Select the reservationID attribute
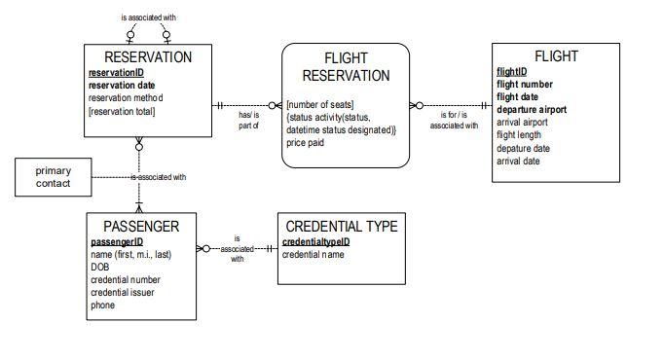tap(116, 73)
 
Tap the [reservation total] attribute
tap(122, 111)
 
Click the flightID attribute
tap(511, 72)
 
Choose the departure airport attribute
tap(532, 110)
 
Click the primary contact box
tap(54, 177)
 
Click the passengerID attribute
tap(117, 242)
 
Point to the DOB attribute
tap(99, 267)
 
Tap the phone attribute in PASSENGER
tap(102, 305)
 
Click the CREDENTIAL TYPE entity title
tap(341, 227)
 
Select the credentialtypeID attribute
tap(315, 241)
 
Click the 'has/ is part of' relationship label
tap(248, 121)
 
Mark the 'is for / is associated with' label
tap(453, 121)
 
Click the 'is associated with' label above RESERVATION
tap(148, 18)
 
